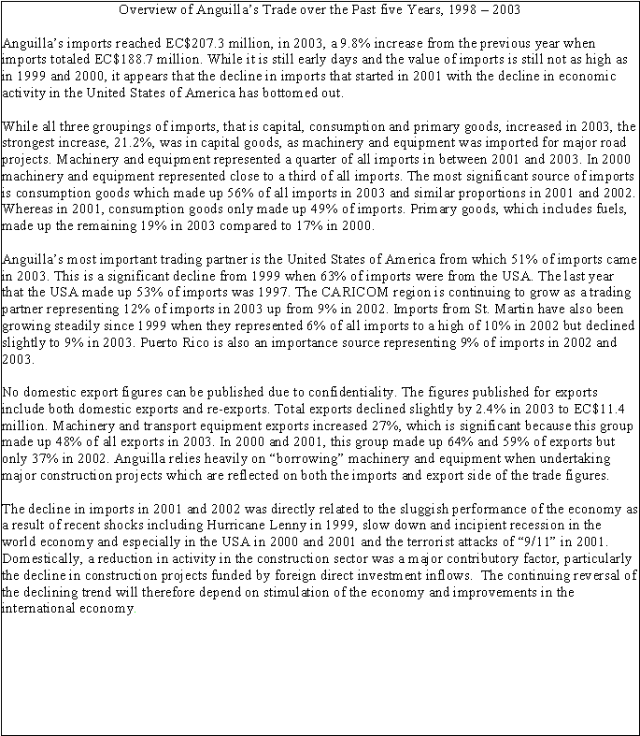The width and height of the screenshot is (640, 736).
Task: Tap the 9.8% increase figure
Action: coord(348,44)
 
